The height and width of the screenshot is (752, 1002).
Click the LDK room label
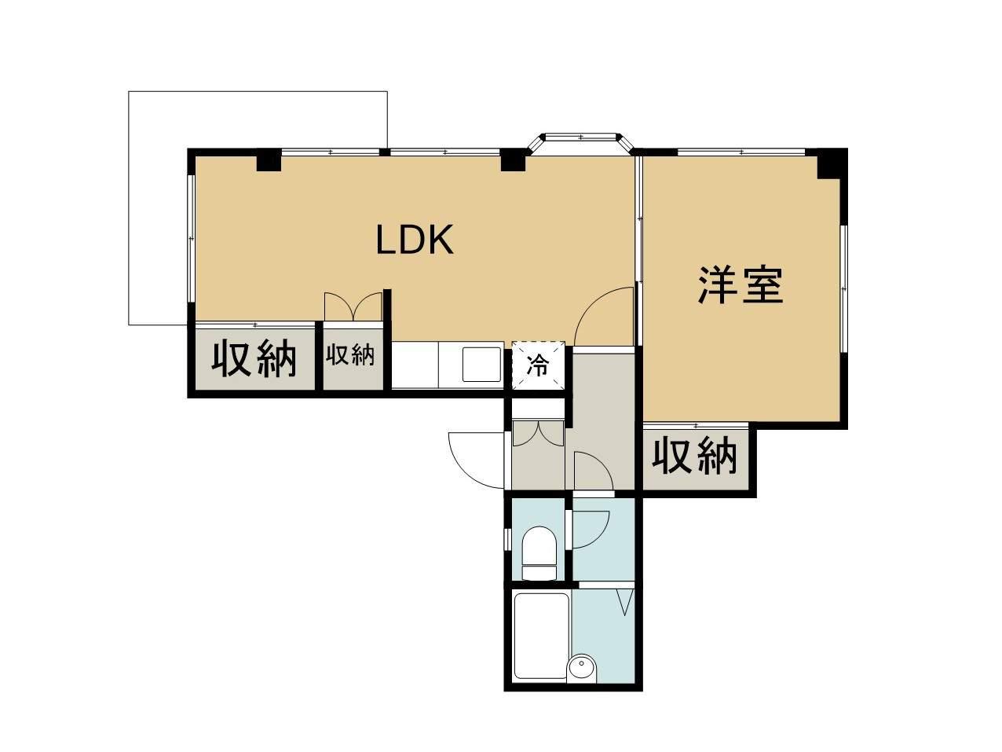point(415,240)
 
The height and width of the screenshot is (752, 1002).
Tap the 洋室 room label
point(741,286)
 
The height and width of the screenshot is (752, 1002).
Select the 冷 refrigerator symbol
point(538,365)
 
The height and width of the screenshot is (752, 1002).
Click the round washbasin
point(581,668)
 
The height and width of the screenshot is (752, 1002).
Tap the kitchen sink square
point(481,365)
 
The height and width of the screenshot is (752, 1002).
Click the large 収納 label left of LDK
point(254,359)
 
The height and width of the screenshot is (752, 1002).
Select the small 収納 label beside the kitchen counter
point(350,355)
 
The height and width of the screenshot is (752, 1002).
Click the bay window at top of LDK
point(581,140)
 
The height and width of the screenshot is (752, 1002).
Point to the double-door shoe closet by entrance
point(538,435)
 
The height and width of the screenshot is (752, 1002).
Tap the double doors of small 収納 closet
point(353,306)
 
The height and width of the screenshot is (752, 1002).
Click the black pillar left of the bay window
point(514,160)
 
